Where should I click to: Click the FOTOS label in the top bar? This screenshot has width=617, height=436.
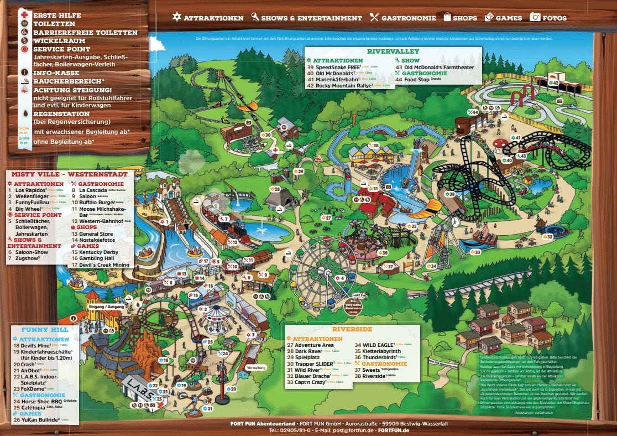[x=554, y=18]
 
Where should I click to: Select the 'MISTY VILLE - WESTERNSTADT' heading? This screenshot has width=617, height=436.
[x=69, y=174]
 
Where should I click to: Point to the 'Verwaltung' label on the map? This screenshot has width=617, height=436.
[x=256, y=367]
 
